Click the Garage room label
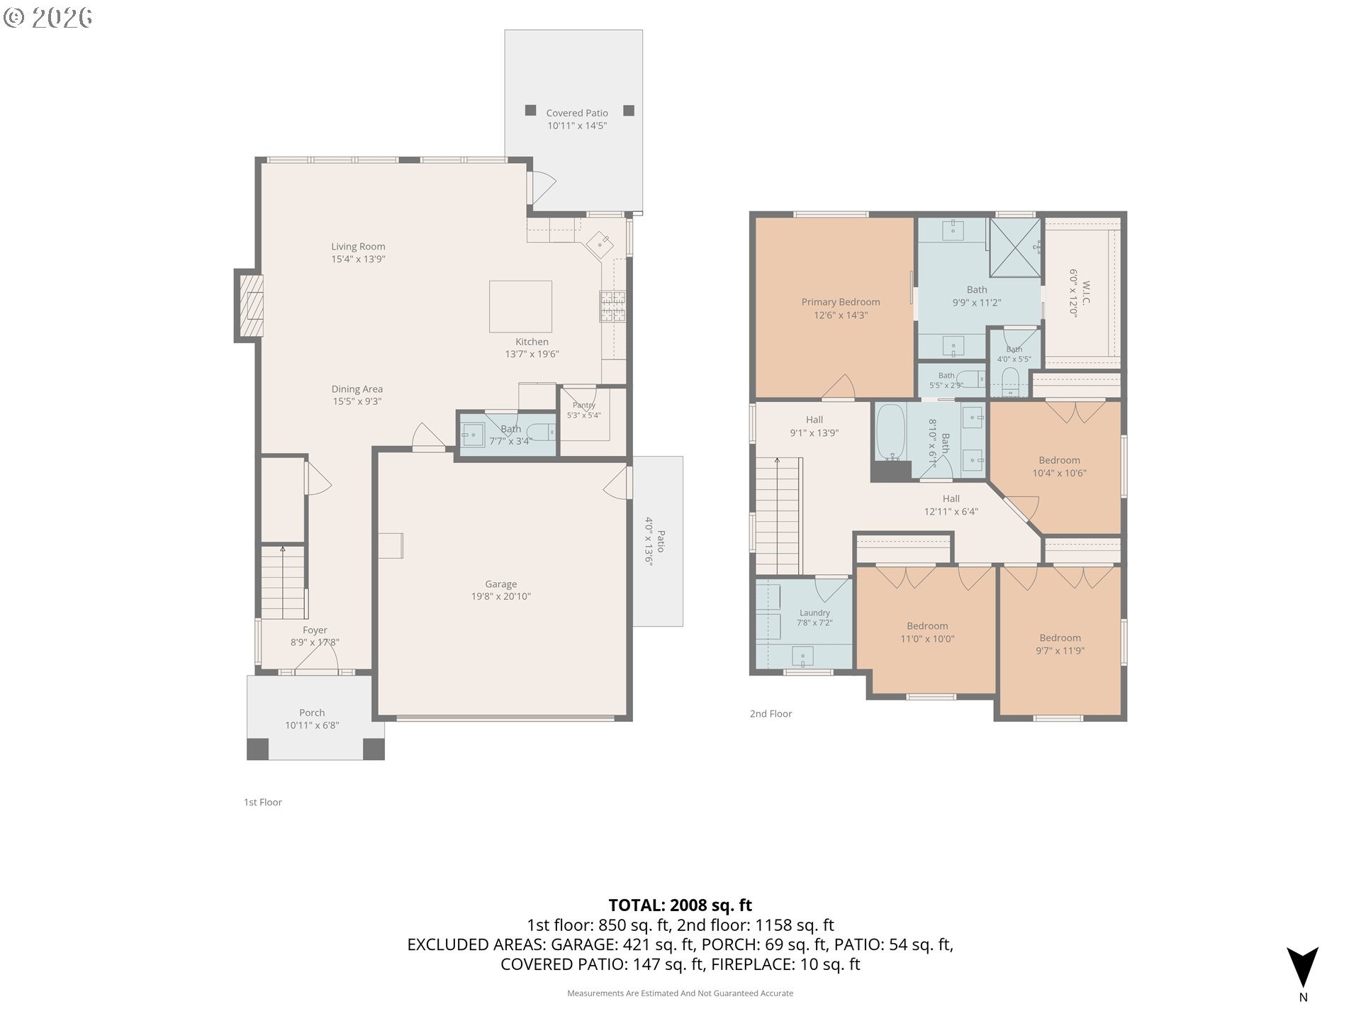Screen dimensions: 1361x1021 (501, 584)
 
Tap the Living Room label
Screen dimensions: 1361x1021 (358, 247)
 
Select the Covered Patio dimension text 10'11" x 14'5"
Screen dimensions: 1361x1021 (577, 125)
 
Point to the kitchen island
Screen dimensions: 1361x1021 (520, 306)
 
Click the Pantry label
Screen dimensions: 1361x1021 (584, 406)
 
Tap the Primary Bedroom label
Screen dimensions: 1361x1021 (841, 302)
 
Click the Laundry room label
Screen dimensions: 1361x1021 (814, 613)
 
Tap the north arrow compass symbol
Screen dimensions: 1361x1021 (1303, 967)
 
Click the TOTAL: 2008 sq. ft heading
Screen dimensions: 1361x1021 (680, 905)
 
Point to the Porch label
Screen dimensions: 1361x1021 (312, 713)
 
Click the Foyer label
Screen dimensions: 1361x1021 (315, 630)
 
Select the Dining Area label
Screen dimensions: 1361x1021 (357, 389)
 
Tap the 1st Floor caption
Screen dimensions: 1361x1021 (263, 802)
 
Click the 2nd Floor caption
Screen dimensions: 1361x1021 (771, 713)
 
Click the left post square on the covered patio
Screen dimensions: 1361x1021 (530, 110)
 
